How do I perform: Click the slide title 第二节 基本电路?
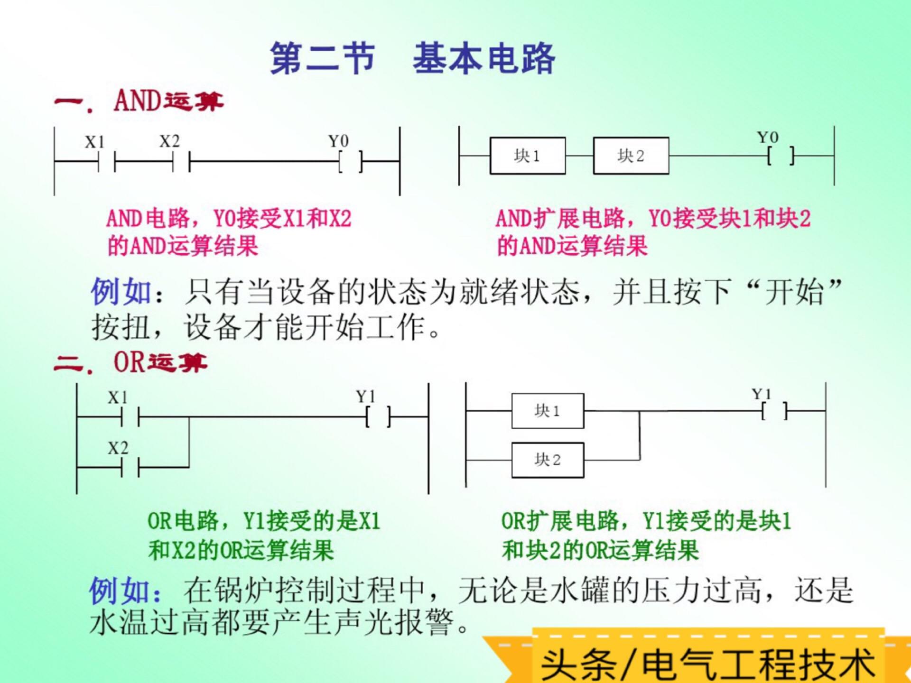[412, 58]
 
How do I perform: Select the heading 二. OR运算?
[131, 363]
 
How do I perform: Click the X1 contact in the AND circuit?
[106, 162]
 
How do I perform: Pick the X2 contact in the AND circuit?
[181, 162]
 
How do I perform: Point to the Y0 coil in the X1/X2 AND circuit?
[351, 162]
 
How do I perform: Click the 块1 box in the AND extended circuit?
[527, 156]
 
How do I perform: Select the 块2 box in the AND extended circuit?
[631, 156]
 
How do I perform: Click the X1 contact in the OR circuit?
[130, 417]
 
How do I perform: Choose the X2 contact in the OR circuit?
[130, 468]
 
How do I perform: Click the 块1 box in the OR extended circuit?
[547, 411]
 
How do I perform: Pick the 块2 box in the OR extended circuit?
[547, 460]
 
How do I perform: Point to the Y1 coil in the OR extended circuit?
[774, 411]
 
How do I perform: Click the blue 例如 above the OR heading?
[121, 291]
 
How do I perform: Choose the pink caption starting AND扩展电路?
[653, 232]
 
